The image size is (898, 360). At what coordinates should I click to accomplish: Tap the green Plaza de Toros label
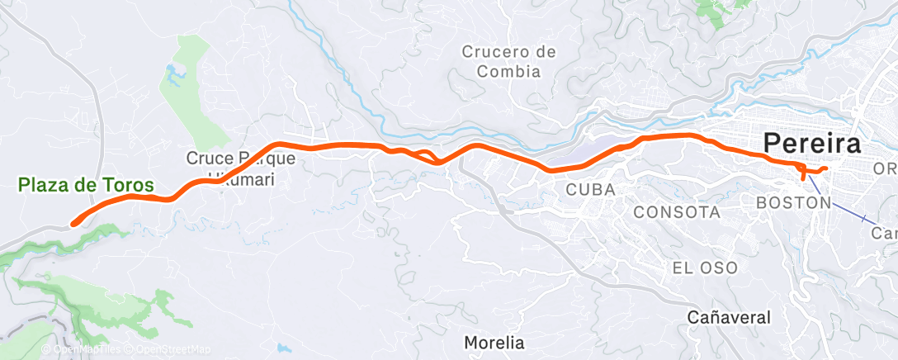click(x=86, y=186)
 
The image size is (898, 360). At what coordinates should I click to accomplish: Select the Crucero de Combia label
click(x=508, y=62)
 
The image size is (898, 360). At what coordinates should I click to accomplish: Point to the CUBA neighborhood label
click(x=590, y=190)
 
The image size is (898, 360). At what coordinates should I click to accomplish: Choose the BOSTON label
click(x=792, y=202)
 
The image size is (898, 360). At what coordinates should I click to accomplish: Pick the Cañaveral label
click(x=730, y=317)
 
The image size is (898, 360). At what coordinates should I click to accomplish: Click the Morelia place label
click(x=494, y=341)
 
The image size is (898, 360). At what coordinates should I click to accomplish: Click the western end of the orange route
click(x=73, y=221)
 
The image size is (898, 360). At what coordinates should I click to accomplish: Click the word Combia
click(x=508, y=71)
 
